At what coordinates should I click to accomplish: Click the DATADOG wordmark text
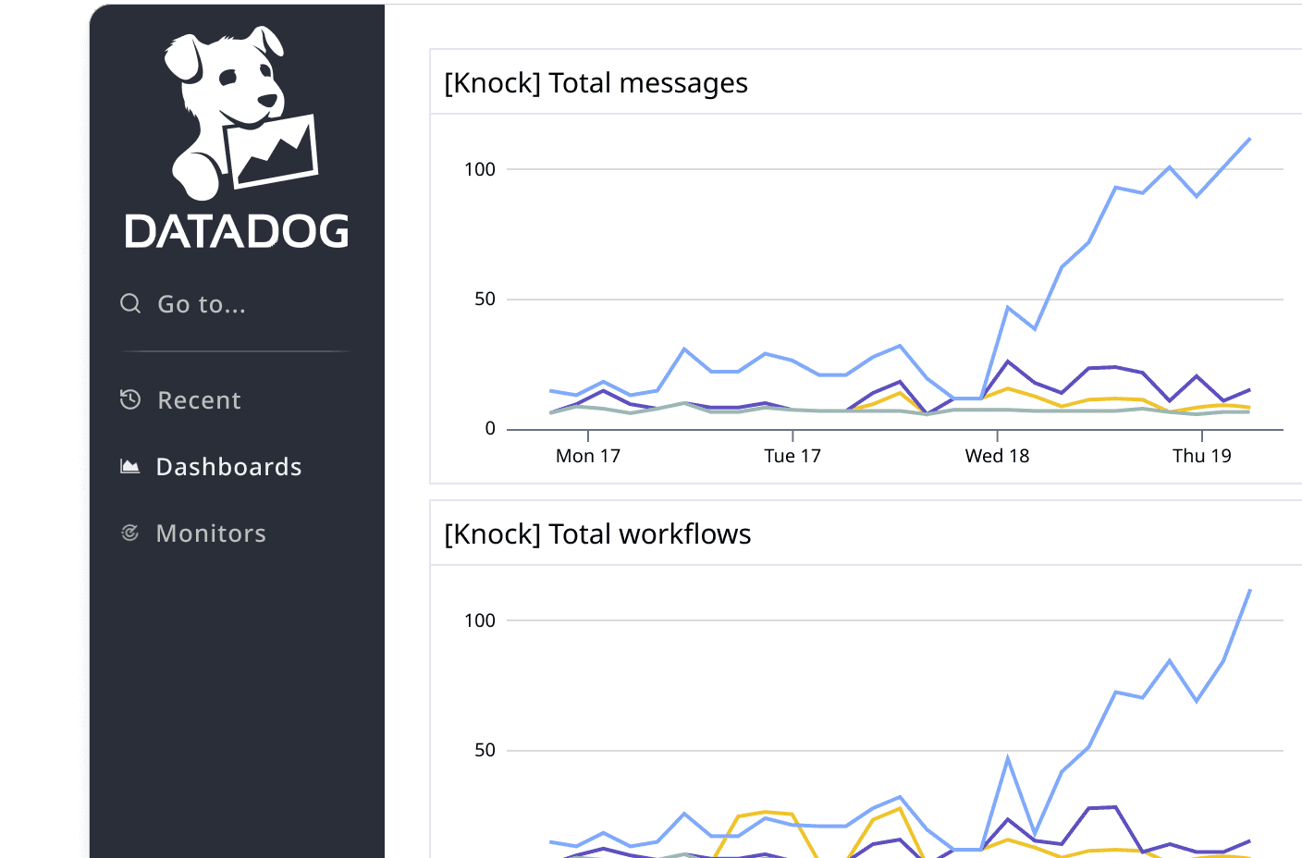point(237,231)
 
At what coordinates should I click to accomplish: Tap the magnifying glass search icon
point(130,303)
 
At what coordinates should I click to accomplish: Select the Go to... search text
point(202,304)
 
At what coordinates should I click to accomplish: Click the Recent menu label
point(199,400)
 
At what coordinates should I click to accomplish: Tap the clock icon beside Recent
point(130,399)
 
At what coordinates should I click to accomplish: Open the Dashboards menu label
point(228,467)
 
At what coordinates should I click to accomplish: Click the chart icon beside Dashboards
point(130,466)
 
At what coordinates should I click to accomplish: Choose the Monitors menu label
point(211,533)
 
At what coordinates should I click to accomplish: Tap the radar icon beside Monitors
point(130,533)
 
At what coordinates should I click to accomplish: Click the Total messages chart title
point(596,83)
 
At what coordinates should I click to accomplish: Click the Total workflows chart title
point(597,534)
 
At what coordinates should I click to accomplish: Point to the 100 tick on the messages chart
point(480,169)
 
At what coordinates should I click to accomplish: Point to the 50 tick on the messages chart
point(485,299)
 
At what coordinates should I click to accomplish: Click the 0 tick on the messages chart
point(490,428)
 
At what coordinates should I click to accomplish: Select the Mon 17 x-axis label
point(587,456)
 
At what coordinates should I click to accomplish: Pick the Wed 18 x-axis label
point(997,456)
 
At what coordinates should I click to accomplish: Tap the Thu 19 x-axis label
point(1201,456)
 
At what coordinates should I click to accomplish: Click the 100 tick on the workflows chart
point(480,620)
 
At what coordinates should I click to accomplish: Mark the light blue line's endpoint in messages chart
point(1249,139)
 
